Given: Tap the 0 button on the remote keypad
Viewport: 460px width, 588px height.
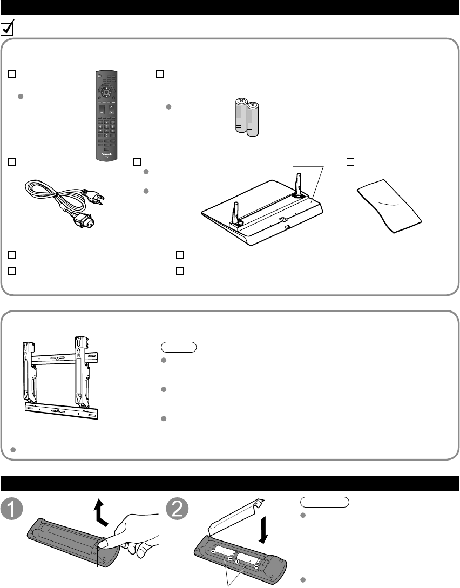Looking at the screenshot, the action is point(106,135).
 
